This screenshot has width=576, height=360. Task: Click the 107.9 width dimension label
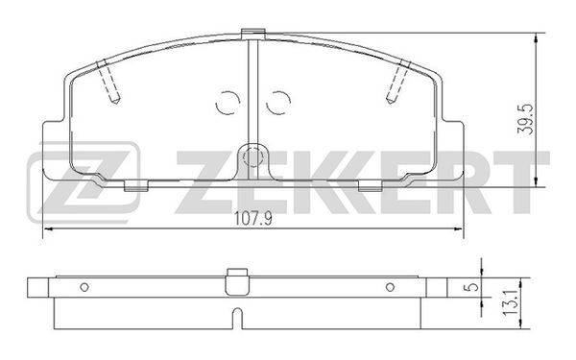click(x=253, y=219)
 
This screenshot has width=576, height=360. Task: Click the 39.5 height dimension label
click(x=525, y=119)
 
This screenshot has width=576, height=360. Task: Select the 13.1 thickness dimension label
click(x=510, y=303)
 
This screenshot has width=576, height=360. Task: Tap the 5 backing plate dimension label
click(x=472, y=287)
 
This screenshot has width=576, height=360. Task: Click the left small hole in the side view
click(x=84, y=287)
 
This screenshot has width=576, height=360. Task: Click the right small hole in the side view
click(x=390, y=287)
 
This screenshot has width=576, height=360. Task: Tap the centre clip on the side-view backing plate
click(x=238, y=281)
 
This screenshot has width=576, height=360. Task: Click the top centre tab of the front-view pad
click(x=253, y=34)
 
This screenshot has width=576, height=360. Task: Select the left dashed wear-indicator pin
click(x=108, y=82)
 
